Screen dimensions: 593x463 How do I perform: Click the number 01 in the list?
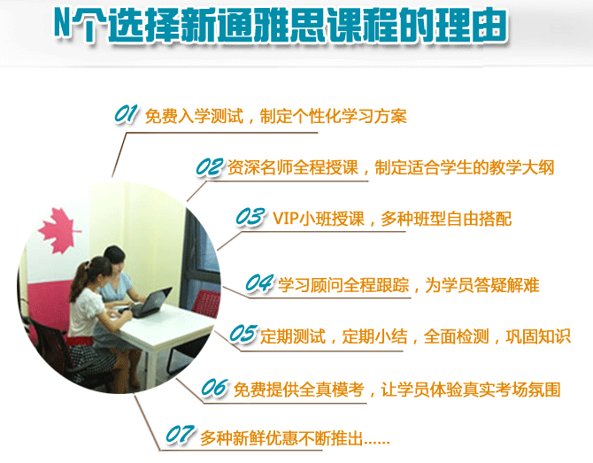[x=126, y=114]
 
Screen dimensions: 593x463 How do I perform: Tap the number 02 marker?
[x=210, y=167]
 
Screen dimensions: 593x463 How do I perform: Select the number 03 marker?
[x=250, y=218]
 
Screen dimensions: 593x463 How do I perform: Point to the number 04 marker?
[x=259, y=283]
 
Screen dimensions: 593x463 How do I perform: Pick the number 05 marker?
[x=244, y=334]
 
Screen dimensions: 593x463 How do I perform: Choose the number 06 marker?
[x=215, y=388]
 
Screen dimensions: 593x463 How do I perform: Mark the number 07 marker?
[x=181, y=435]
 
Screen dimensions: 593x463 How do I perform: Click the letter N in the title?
[x=62, y=23]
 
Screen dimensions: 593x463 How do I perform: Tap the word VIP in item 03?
[x=286, y=219]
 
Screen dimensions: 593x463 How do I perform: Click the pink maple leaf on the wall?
[x=59, y=231]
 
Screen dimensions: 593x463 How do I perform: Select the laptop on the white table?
[x=150, y=303]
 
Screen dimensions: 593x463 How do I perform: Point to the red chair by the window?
[x=206, y=302]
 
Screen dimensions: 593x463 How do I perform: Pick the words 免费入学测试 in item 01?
[x=194, y=116]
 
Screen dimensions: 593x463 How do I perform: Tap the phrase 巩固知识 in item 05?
[x=538, y=336]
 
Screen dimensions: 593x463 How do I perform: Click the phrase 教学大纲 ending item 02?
[x=521, y=167]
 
